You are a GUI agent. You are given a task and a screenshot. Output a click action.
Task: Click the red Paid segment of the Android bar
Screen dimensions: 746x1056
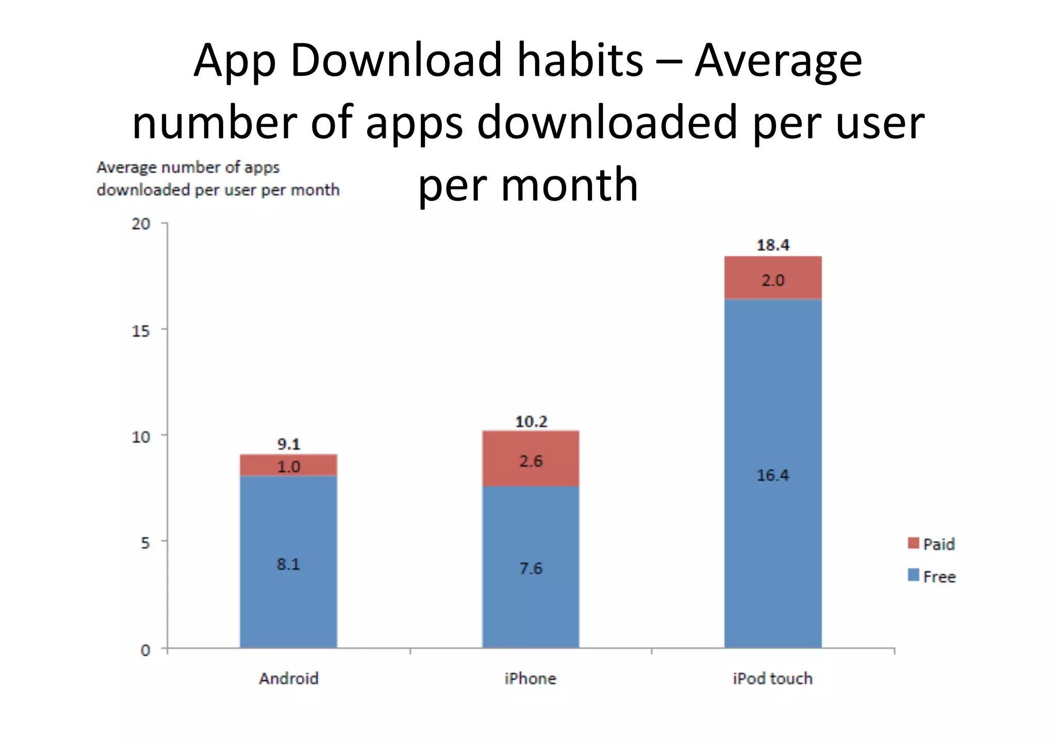coord(288,465)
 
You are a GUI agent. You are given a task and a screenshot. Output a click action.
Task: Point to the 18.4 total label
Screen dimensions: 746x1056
coord(772,245)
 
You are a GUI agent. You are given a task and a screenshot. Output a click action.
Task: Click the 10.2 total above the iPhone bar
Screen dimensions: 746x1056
coord(531,421)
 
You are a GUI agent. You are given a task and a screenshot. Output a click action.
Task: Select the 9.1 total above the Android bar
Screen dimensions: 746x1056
coord(288,444)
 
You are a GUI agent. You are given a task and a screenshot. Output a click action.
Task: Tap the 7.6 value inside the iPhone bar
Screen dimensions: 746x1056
coord(531,568)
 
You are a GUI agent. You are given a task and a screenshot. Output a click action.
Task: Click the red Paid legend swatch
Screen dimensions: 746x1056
coord(913,543)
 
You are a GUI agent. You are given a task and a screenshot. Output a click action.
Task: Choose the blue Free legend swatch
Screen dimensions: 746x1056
coord(913,575)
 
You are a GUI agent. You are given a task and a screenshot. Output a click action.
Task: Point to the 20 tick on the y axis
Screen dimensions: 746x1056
coord(141,224)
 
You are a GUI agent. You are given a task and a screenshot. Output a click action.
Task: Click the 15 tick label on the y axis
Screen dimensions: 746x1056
coord(141,330)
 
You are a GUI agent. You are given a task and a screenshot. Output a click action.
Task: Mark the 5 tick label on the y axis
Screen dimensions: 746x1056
coord(145,542)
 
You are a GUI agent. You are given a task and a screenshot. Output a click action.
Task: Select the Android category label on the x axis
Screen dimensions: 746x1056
coord(288,678)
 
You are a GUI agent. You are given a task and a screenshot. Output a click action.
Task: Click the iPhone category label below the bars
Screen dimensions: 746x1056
coord(531,678)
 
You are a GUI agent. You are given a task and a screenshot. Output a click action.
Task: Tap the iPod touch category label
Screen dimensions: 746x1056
coord(772,678)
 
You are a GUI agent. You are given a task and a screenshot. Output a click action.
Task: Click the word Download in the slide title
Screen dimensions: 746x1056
coord(396,60)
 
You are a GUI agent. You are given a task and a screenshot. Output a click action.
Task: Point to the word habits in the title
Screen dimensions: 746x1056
coord(580,60)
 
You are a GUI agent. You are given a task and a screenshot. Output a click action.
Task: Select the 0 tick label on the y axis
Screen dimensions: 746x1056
coord(145,650)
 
